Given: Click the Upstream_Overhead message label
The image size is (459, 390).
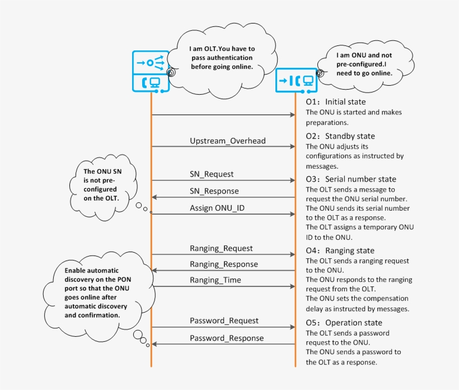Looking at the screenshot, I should [227, 141].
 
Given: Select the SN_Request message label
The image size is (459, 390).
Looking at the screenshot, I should [212, 174].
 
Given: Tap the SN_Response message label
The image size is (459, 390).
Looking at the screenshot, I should [214, 191].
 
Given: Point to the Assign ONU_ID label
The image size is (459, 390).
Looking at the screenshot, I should [217, 208].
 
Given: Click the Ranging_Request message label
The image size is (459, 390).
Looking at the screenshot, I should [221, 248].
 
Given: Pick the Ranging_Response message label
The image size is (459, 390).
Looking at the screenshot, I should [224, 264].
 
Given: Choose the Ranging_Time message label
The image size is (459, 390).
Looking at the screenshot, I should [216, 280].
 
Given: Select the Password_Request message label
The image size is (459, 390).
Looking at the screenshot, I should [224, 321].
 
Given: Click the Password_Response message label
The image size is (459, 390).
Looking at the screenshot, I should [227, 338].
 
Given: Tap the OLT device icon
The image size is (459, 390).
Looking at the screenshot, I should [151, 71].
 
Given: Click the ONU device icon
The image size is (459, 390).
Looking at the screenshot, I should [296, 81].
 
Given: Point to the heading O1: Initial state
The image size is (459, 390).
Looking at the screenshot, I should [335, 102].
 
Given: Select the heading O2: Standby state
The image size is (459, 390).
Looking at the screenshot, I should [340, 136].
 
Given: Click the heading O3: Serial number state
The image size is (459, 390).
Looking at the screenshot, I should [350, 179].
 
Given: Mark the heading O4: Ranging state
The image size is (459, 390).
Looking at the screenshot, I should [340, 250].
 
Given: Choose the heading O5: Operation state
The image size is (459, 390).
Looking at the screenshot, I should [344, 323].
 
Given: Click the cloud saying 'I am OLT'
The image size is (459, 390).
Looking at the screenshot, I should [220, 58].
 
